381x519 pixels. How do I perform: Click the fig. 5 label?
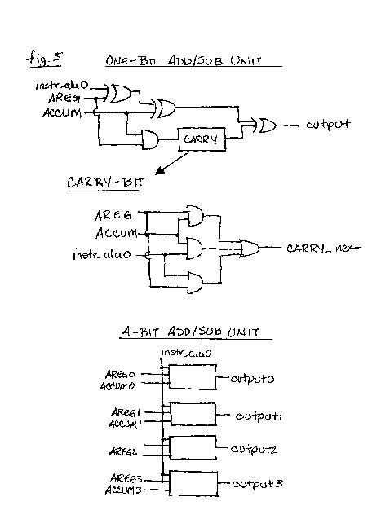point(44,59)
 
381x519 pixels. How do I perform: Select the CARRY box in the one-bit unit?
point(202,139)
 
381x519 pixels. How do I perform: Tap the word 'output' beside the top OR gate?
point(328,125)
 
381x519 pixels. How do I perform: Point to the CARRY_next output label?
point(324,249)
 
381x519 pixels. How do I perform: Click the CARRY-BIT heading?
point(105,183)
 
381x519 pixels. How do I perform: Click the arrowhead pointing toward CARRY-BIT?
point(161,170)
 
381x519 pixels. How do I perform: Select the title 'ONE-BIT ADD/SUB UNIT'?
point(184,61)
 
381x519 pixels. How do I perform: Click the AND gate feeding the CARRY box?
point(150,139)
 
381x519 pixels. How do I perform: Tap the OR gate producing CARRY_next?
point(250,249)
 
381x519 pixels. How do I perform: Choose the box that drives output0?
point(193,377)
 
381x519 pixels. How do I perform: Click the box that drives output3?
point(193,483)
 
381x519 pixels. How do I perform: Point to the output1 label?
point(259,416)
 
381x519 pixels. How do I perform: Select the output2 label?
point(254,450)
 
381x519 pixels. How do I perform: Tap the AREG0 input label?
point(120,374)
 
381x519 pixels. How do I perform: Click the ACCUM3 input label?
point(123,490)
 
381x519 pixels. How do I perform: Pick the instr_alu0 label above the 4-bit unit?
point(186,353)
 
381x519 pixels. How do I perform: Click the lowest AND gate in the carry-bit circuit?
point(195,283)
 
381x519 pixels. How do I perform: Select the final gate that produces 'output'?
point(268,125)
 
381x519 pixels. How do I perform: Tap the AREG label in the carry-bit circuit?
point(113,215)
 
